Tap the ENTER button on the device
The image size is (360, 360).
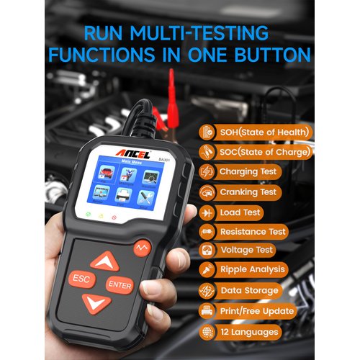pos(120,284)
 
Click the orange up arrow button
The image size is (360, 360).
pos(105,260)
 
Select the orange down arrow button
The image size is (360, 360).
pos(96,303)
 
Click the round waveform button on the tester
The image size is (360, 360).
pos(143,248)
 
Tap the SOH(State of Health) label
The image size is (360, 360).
pos(266,132)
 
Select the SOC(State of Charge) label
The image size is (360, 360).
pos(266,152)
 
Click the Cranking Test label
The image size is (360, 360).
pos(248,192)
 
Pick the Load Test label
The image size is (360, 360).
pos(240,212)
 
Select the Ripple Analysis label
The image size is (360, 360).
pos(251,271)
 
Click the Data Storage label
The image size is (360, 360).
pos(248,291)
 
